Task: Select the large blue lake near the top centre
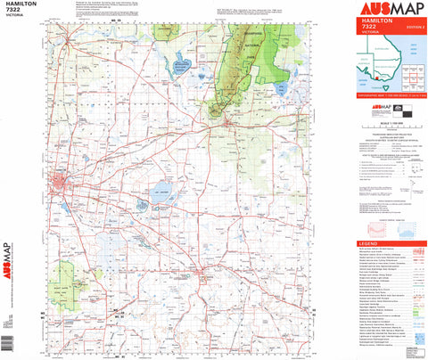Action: pos(182,64)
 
